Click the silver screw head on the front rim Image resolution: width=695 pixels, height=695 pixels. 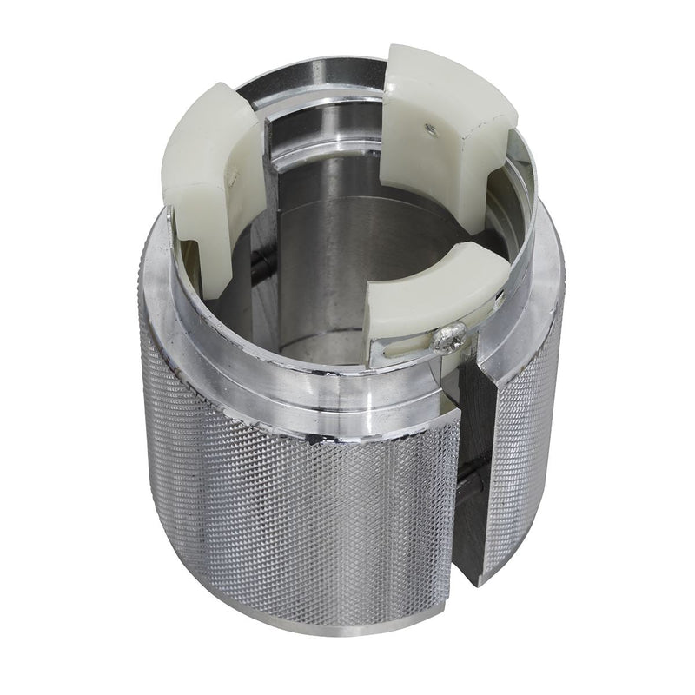(450, 338)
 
